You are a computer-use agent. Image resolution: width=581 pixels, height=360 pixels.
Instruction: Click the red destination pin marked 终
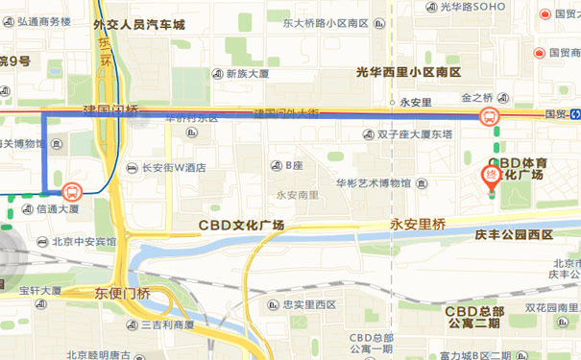point(491,177)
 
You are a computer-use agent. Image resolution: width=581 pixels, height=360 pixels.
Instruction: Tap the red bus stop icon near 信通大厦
point(73,190)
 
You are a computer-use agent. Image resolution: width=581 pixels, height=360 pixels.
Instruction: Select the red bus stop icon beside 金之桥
point(488,117)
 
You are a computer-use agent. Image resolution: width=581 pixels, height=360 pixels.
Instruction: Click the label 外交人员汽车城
point(138,27)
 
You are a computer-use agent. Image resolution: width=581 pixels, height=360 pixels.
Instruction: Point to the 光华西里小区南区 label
point(408,72)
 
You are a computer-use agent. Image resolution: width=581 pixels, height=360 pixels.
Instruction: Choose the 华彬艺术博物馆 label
point(374,182)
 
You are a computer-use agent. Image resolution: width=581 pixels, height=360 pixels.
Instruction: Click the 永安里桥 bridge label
point(418,224)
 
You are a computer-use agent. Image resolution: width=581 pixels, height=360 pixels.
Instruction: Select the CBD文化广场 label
point(241,226)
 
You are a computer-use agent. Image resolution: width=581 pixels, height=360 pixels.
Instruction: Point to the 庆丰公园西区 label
point(514,234)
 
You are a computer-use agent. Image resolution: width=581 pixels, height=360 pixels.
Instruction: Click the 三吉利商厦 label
point(168,324)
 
